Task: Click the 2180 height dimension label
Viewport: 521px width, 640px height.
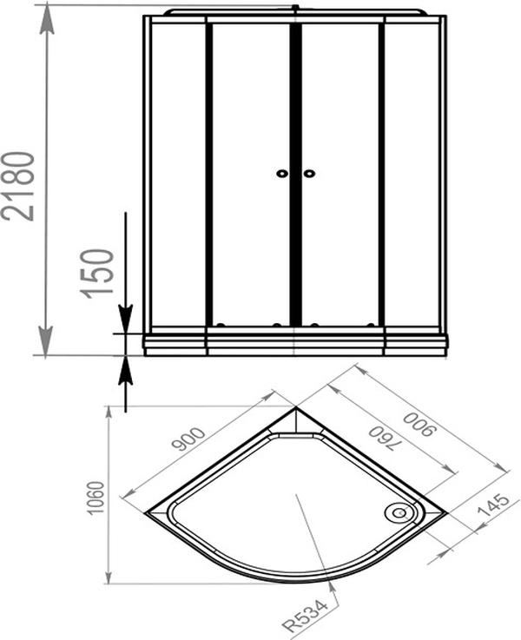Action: pos(18,186)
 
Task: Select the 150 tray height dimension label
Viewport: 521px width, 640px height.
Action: pos(96,274)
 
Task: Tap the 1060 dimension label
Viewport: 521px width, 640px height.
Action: pos(96,498)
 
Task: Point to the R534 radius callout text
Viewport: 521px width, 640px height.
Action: pos(306,616)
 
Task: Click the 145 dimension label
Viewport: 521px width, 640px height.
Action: pos(493,505)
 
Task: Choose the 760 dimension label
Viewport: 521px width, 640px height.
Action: pos(381,439)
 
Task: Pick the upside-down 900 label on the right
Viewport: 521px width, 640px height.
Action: pos(419,425)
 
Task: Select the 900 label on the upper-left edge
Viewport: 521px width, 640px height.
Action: pos(188,439)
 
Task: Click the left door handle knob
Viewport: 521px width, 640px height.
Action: pos(282,174)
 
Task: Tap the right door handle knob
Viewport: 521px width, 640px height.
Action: pos(309,174)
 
